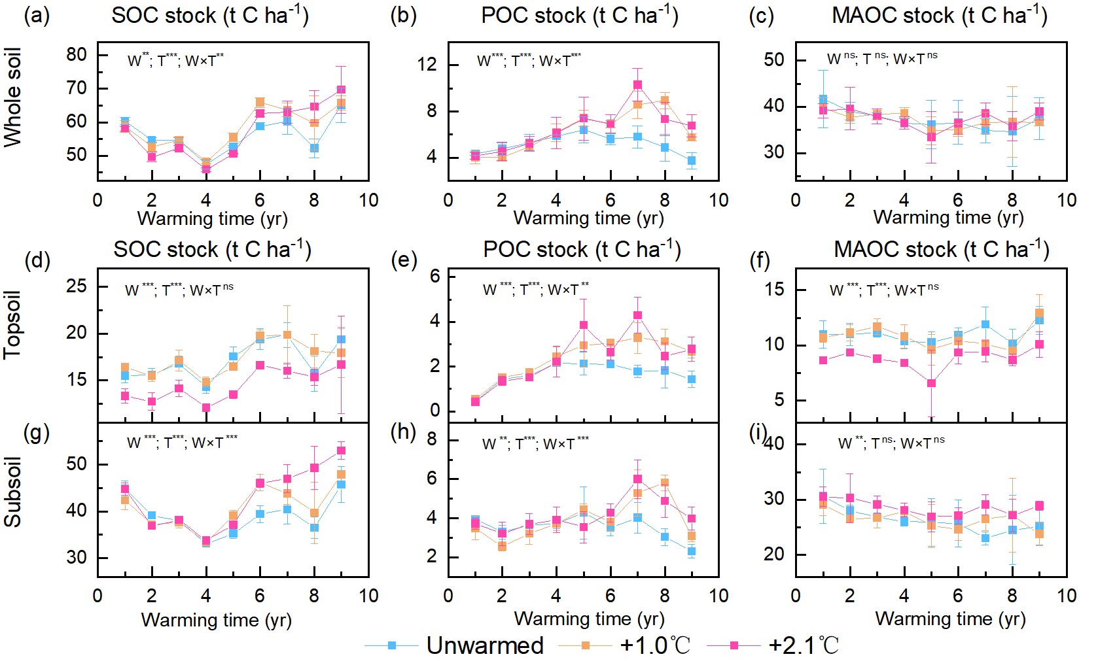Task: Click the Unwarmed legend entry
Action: pyautogui.click(x=484, y=645)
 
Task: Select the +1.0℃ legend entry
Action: pyautogui.click(x=654, y=645)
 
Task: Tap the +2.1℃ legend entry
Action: pyautogui.click(x=804, y=645)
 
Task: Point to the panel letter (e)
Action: pyautogui.click(x=404, y=260)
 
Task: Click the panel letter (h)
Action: pyautogui.click(x=403, y=432)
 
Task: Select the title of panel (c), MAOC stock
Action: pyautogui.click(x=939, y=16)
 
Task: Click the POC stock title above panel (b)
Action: pyautogui.click(x=579, y=16)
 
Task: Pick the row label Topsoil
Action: pyautogui.click(x=13, y=325)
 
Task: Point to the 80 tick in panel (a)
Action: pyautogui.click(x=77, y=54)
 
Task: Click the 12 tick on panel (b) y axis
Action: pyautogui.click(x=427, y=64)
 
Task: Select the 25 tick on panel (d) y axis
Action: pyautogui.click(x=77, y=286)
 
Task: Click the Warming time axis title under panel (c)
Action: pyautogui.click(x=948, y=217)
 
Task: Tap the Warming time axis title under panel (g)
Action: pyautogui.click(x=216, y=619)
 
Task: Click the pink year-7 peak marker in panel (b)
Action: pyautogui.click(x=637, y=85)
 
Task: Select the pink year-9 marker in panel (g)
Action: pyautogui.click(x=341, y=451)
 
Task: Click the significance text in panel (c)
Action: pyautogui.click(x=882, y=59)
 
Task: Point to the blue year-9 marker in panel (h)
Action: pyautogui.click(x=692, y=551)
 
